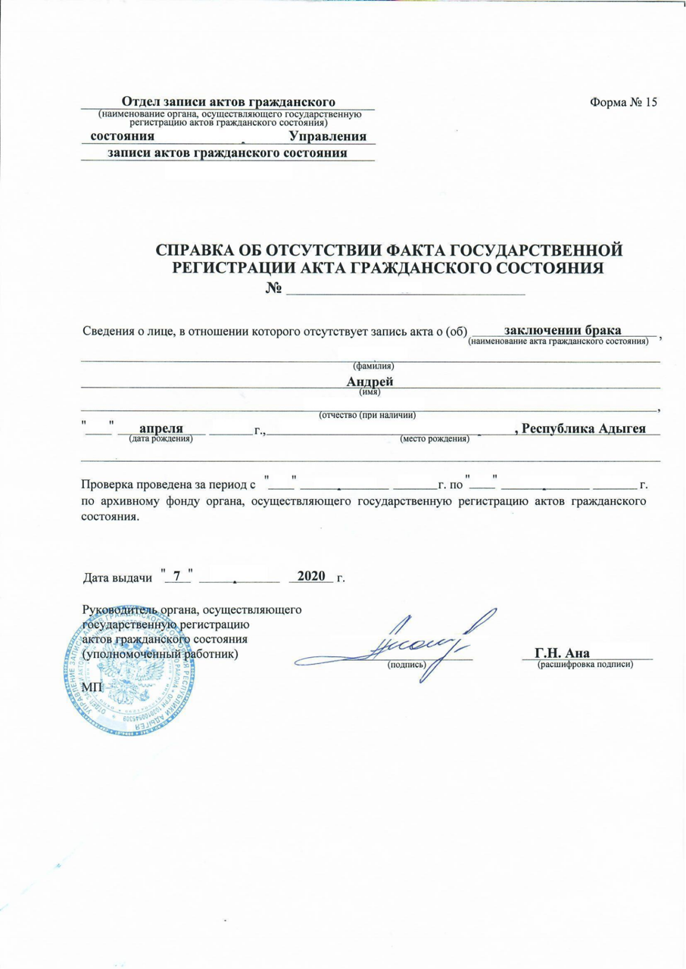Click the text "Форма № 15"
[x=623, y=103]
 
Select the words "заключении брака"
[x=563, y=330]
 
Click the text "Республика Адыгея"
[x=580, y=428]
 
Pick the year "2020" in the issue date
[x=311, y=576]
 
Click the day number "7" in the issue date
[x=178, y=576]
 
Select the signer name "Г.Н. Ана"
[x=562, y=653]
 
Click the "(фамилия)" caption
[x=370, y=366]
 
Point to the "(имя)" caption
[x=369, y=391]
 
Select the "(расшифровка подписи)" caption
[x=585, y=664]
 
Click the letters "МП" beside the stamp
[x=91, y=683]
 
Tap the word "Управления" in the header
[x=328, y=137]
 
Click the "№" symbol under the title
[x=274, y=288]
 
